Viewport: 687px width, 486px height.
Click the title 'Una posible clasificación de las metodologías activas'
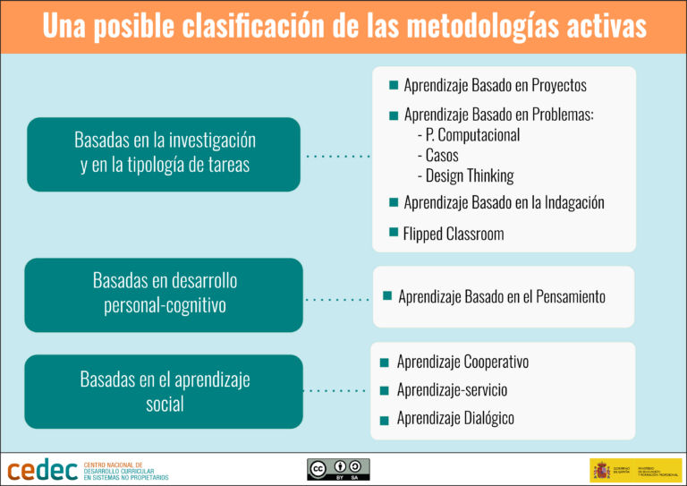click(x=343, y=26)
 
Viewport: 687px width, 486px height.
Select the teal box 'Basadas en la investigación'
click(x=164, y=153)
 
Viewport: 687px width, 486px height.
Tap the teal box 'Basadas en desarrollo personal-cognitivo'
click(x=164, y=294)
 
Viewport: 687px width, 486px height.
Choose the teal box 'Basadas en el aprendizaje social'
click(x=164, y=391)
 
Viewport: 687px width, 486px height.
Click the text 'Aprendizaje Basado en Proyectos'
click(x=495, y=86)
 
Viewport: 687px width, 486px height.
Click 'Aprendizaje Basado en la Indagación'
click(x=504, y=202)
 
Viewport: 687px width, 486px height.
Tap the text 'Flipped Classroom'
click(x=454, y=234)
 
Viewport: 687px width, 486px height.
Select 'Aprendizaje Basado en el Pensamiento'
click(x=502, y=296)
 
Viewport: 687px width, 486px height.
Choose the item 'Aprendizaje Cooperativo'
click(x=462, y=362)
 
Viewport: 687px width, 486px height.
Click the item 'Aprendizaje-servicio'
click(x=452, y=390)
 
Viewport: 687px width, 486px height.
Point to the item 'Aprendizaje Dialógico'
click(x=455, y=418)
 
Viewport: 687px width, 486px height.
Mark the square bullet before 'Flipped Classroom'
click(x=394, y=233)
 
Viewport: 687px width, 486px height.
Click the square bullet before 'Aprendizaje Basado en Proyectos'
click(x=394, y=86)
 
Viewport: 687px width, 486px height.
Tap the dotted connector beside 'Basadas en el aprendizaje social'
click(x=335, y=391)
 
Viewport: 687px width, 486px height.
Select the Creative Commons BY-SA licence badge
click(x=338, y=470)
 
